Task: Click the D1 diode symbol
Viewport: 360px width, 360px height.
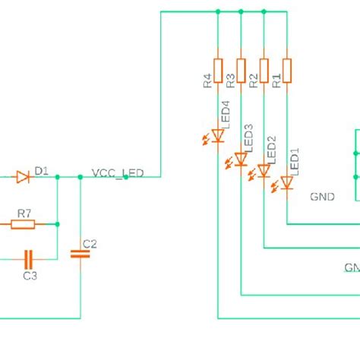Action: (x=23, y=177)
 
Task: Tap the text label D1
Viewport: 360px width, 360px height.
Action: (x=41, y=172)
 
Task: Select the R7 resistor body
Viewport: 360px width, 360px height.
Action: (x=23, y=224)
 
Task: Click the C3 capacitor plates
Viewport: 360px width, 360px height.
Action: (x=30, y=258)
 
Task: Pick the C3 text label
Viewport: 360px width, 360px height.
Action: (x=30, y=276)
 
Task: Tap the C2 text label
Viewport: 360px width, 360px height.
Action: (x=90, y=244)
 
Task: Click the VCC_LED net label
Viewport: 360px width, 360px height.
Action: (x=117, y=173)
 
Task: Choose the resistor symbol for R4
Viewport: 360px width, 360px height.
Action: (x=218, y=71)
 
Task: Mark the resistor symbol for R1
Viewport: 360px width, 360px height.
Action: (x=287, y=71)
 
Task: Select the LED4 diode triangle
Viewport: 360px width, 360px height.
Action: (x=218, y=136)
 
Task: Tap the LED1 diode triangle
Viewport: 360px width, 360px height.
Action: (x=287, y=182)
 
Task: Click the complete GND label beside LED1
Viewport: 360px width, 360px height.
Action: (x=322, y=197)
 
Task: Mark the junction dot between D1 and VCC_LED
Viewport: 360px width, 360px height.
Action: (x=80, y=177)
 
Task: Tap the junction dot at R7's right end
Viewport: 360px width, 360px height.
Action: (x=58, y=224)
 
